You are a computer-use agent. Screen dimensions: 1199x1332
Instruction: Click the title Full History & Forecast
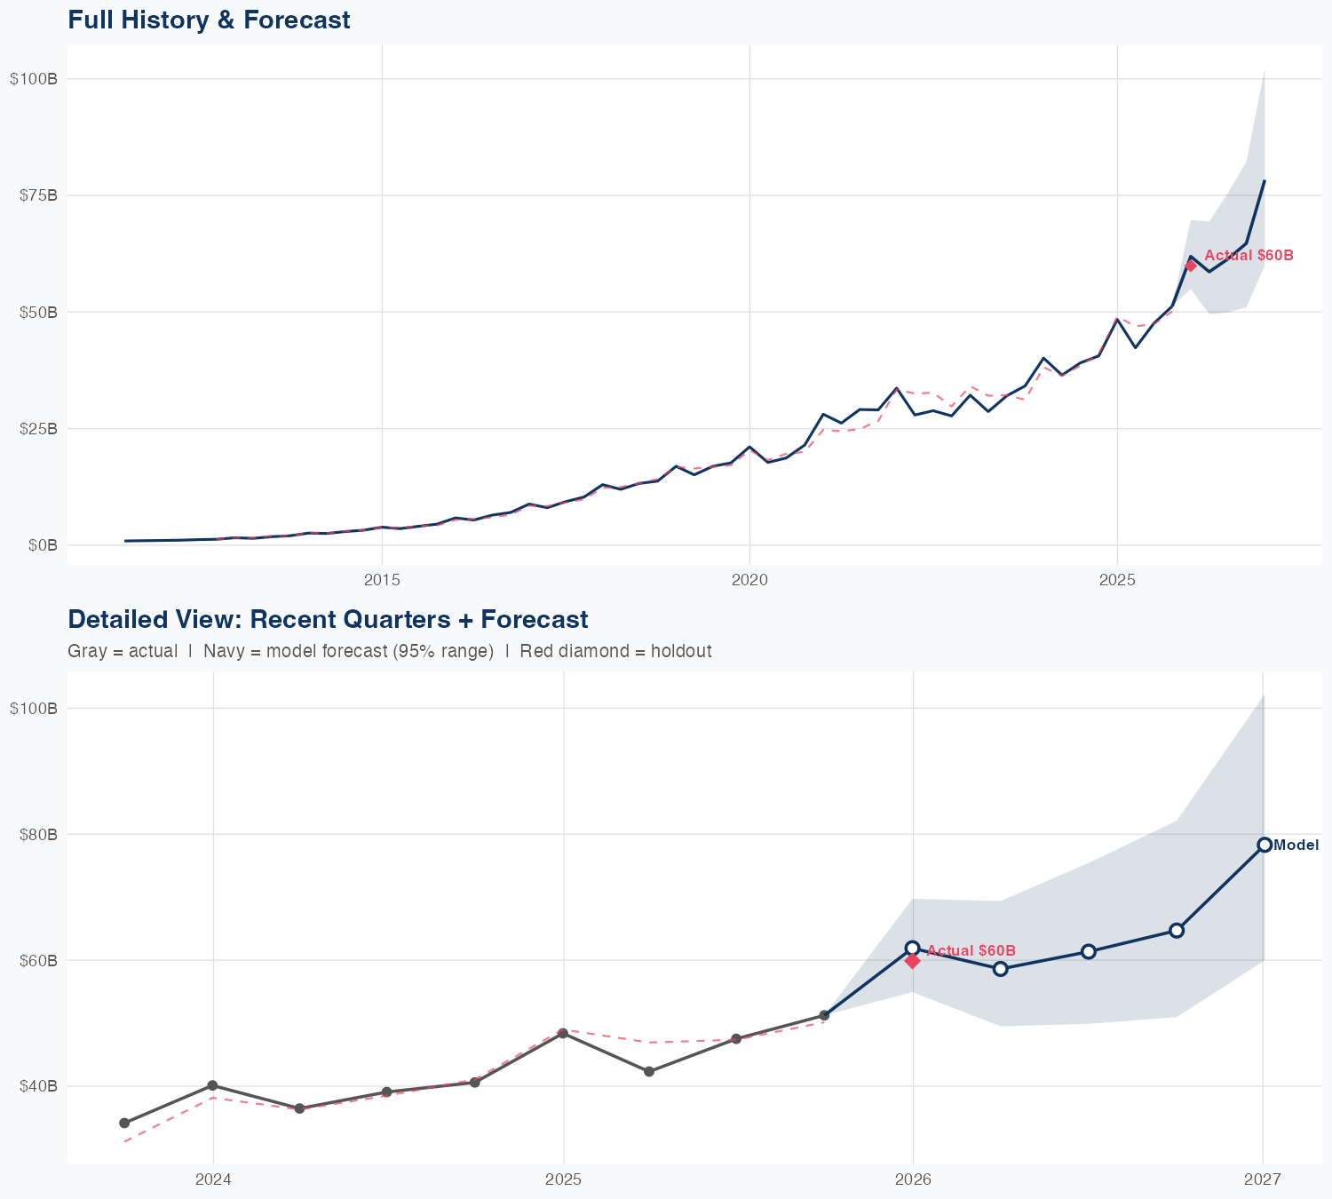coord(209,20)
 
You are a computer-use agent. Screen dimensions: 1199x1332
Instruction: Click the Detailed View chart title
coord(328,619)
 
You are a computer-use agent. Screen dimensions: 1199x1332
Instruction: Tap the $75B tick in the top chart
coord(38,195)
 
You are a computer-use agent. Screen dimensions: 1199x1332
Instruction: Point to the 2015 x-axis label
coord(382,580)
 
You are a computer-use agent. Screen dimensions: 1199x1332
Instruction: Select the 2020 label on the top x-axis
coord(749,580)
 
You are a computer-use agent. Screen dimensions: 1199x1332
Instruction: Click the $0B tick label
coord(43,545)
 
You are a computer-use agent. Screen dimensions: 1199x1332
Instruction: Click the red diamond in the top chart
coord(1191,266)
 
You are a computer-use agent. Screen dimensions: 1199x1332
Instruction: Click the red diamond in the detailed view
coord(912,961)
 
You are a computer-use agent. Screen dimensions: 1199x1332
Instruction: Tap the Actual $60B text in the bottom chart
coord(971,950)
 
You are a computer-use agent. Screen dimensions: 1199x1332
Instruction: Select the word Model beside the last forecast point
coord(1296,846)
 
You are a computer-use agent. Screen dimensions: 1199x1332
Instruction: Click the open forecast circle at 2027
coord(1264,845)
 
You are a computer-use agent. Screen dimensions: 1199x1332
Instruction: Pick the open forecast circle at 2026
coord(912,948)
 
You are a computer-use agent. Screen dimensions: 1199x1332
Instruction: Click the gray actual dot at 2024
coord(212,1085)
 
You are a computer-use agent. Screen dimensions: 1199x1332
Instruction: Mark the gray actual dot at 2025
coord(563,1033)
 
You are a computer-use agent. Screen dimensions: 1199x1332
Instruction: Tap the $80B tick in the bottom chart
coord(38,835)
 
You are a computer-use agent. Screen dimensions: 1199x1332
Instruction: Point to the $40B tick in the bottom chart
coord(38,1086)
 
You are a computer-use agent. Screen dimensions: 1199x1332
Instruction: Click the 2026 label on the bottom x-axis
coord(913,1179)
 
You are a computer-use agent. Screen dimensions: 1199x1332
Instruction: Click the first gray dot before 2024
coord(124,1123)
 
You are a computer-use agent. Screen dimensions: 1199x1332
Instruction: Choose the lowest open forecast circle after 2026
coord(1000,969)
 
